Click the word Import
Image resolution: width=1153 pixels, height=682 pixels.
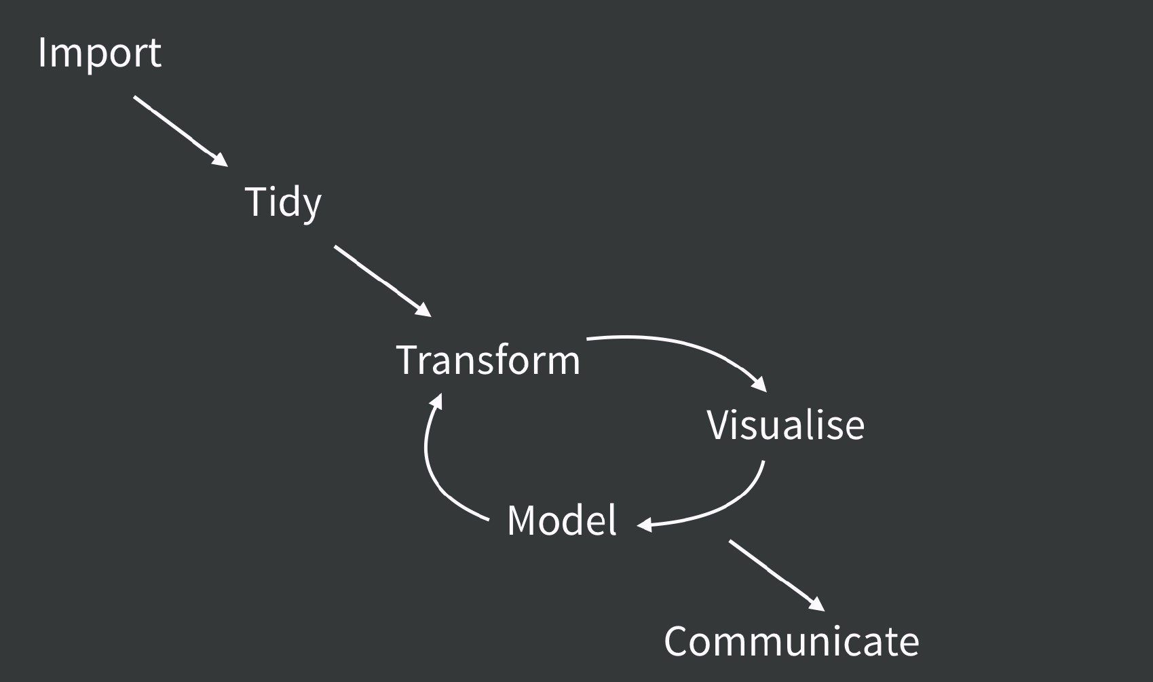[x=100, y=53]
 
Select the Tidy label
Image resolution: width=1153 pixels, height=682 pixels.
[x=282, y=202]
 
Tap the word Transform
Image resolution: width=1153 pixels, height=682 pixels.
[x=488, y=360]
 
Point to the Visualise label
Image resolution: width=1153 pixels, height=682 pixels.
[x=785, y=425]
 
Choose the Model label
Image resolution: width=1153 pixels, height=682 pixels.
[x=562, y=520]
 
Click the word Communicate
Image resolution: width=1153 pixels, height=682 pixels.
[x=791, y=641]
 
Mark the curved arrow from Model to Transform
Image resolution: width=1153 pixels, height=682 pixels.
[x=434, y=475]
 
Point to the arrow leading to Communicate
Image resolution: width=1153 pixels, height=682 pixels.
[x=774, y=573]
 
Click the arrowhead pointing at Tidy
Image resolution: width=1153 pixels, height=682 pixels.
[x=219, y=159]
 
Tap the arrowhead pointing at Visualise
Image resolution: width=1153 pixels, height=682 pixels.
[x=759, y=385]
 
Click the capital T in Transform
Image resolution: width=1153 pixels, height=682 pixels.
[x=408, y=360]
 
